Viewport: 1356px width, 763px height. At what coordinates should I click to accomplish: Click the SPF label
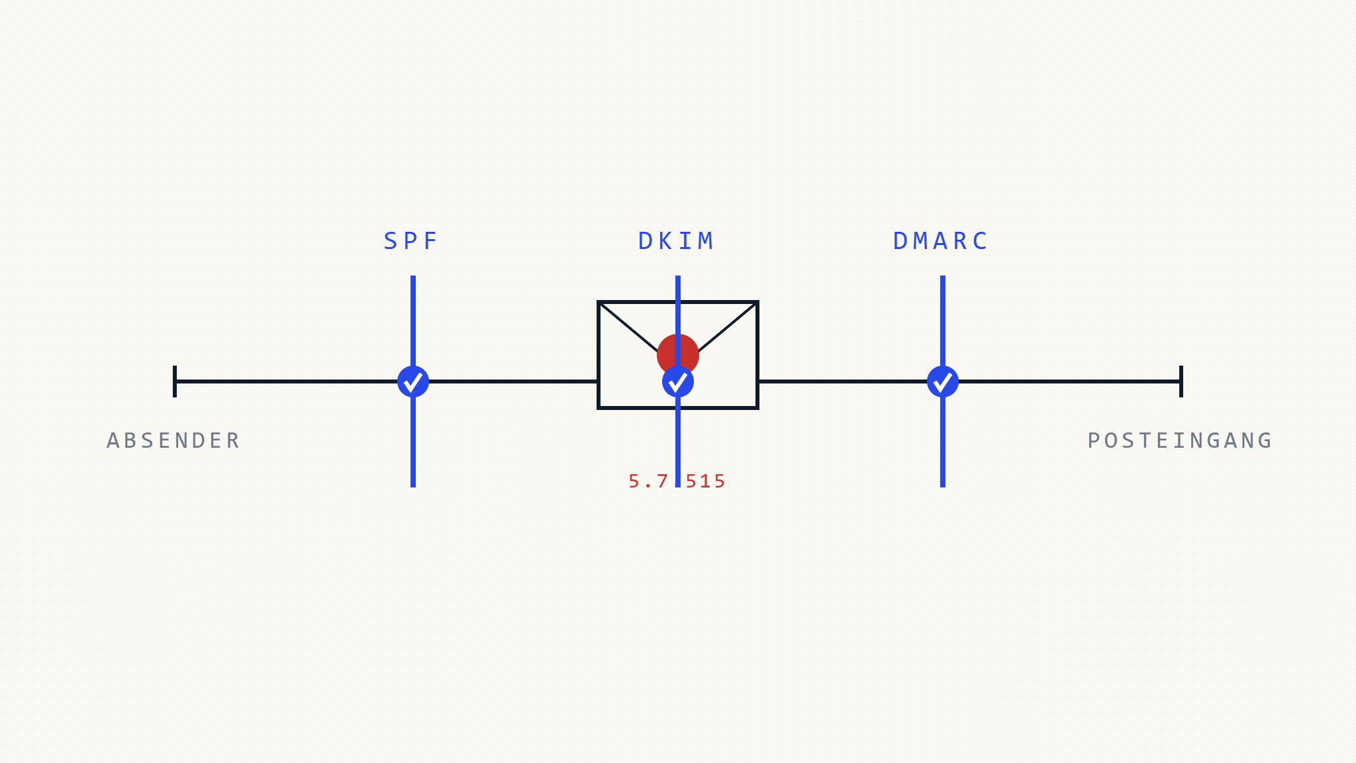click(411, 241)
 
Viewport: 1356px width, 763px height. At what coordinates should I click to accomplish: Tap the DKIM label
click(676, 241)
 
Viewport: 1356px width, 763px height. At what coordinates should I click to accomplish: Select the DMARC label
click(940, 241)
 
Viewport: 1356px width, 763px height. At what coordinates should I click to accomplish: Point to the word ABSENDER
click(173, 440)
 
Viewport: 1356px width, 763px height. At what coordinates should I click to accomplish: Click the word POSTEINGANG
click(1180, 440)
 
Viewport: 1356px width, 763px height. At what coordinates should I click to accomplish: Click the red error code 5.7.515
click(677, 482)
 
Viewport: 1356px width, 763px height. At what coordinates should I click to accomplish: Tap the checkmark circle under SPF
click(413, 381)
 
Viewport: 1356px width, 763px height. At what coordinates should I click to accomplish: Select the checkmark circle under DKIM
click(678, 381)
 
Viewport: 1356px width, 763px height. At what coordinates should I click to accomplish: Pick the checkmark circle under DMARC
click(943, 381)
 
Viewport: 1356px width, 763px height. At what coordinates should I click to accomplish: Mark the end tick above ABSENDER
click(175, 381)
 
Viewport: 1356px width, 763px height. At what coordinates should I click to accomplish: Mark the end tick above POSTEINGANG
click(1181, 381)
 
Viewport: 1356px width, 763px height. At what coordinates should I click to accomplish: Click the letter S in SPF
click(390, 241)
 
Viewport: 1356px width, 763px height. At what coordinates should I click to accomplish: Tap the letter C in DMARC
click(981, 241)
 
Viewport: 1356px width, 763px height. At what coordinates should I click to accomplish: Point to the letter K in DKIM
click(665, 241)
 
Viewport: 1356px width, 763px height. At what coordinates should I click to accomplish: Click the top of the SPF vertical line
click(413, 276)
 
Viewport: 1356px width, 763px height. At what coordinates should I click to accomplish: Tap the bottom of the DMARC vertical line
click(943, 487)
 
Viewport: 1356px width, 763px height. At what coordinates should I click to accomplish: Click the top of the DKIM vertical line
click(678, 276)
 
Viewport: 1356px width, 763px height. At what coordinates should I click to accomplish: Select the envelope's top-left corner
click(599, 302)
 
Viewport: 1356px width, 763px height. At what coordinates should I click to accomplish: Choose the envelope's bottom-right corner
click(757, 408)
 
